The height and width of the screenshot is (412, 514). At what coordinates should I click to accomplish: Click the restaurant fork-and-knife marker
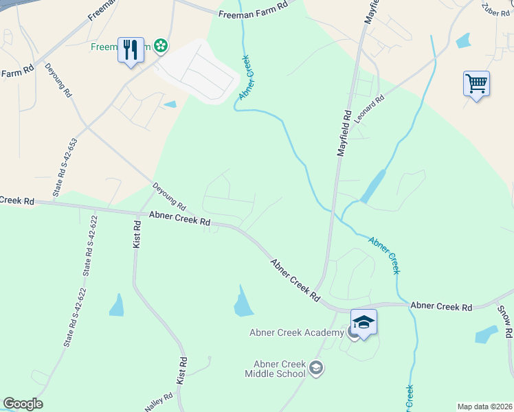point(131,50)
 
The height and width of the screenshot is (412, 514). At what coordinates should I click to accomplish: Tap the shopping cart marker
point(476,84)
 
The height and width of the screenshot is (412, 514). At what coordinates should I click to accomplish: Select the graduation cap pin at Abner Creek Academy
point(364,322)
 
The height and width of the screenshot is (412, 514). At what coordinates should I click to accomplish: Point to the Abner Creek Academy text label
point(296,333)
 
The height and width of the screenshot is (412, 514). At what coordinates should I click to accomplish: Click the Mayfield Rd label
point(345,133)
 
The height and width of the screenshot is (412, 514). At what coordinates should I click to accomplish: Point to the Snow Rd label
point(505,321)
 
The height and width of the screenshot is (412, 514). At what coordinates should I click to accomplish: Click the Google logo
point(23,404)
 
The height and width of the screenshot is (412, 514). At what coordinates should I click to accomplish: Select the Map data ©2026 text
point(484,407)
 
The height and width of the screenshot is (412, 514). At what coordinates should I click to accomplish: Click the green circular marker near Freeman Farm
point(161,46)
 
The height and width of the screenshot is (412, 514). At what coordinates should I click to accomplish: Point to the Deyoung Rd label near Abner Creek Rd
point(169,196)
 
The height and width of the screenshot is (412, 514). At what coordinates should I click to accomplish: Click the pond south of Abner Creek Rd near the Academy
point(243,303)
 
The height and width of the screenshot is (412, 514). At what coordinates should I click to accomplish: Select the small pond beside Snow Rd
point(487,334)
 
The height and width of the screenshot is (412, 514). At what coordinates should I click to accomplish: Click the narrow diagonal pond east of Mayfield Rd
point(373,185)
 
